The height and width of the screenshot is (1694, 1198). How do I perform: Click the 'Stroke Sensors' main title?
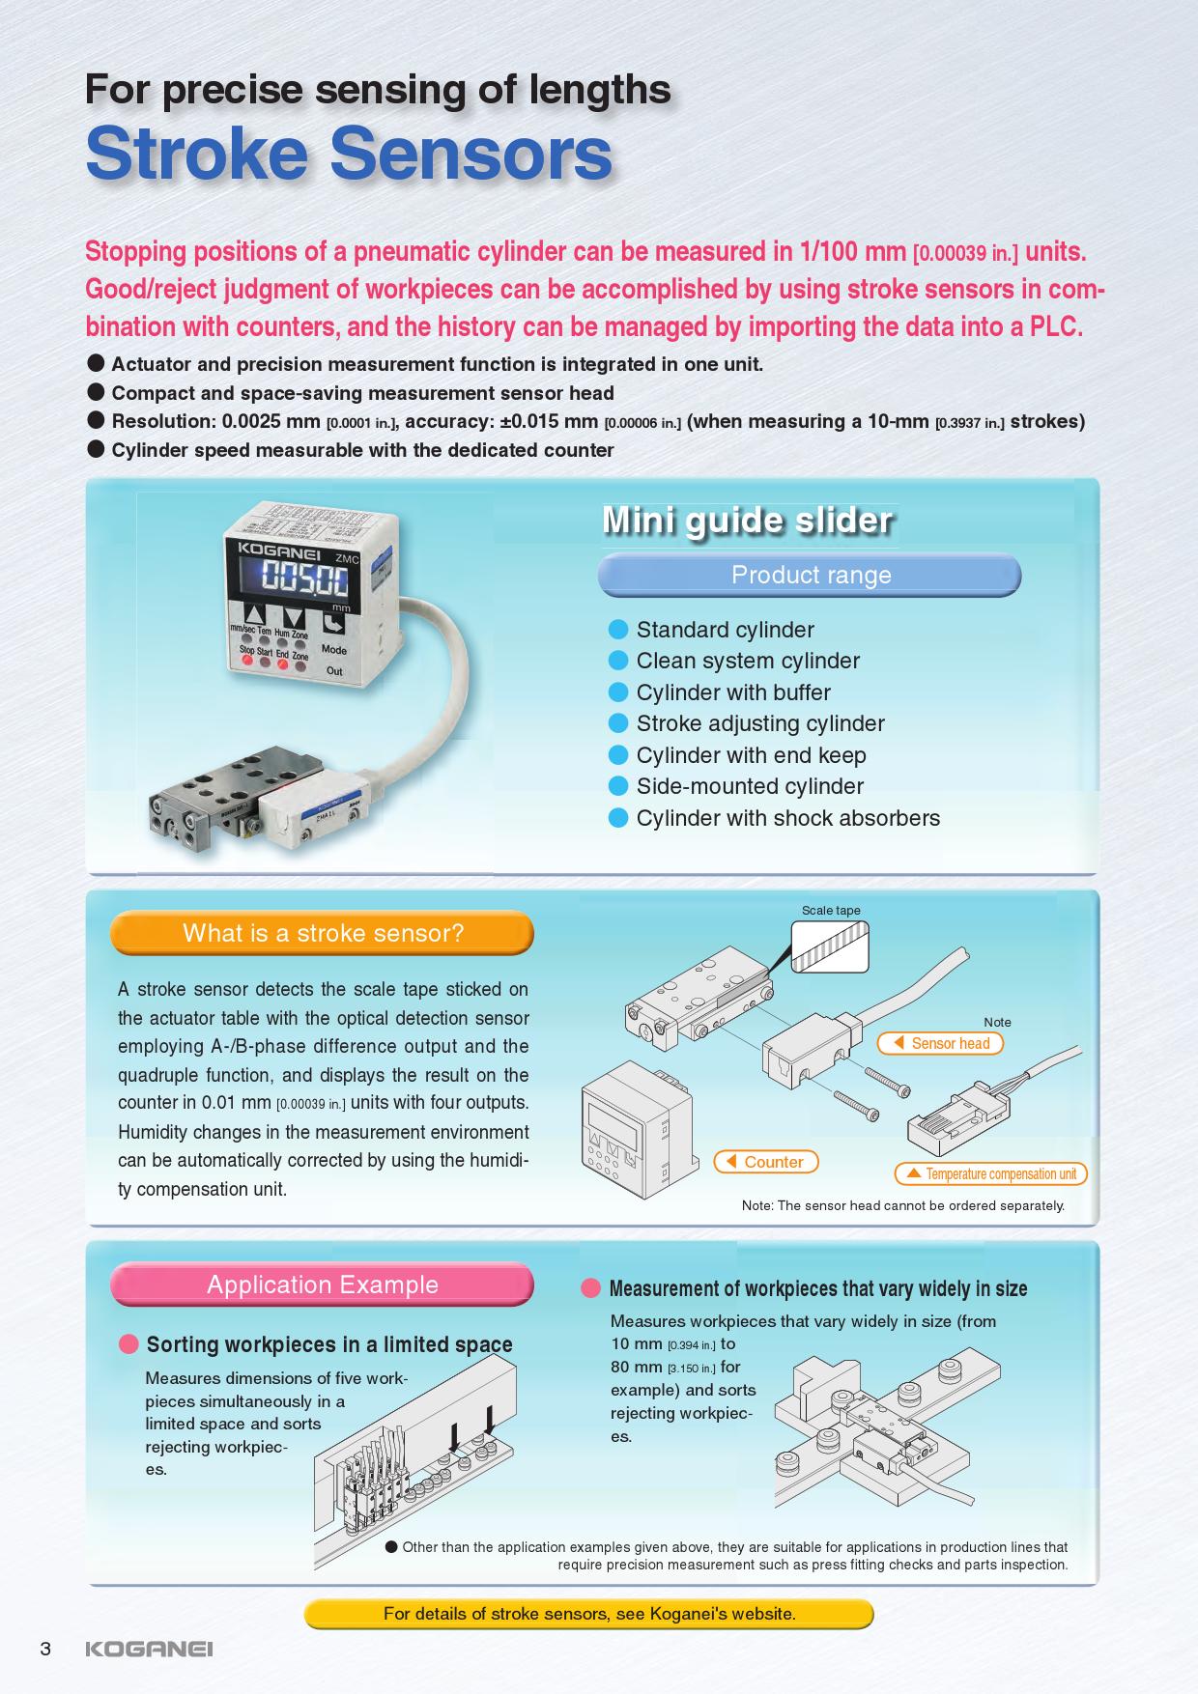[349, 155]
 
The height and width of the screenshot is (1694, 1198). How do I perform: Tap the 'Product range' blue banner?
[810, 576]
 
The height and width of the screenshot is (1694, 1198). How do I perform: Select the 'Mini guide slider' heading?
[747, 521]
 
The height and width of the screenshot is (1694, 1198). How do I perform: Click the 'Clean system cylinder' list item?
[747, 662]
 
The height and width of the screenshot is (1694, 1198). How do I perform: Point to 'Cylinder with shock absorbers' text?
[787, 818]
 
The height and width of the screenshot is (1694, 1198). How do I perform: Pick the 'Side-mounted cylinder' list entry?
[749, 786]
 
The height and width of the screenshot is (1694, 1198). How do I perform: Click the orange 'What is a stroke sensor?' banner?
[323, 933]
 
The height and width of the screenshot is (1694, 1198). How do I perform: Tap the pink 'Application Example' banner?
[323, 1285]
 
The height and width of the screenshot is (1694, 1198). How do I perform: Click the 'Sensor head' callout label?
[941, 1043]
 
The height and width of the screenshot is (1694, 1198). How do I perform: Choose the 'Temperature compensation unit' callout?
[991, 1174]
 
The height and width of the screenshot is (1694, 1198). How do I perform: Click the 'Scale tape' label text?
[831, 911]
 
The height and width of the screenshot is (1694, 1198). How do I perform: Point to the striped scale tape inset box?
[830, 946]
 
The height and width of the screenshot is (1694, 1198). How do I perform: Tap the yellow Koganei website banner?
[589, 1614]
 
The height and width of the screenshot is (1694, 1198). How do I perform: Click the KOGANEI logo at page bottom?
[149, 1649]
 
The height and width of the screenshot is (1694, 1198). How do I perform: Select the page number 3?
[45, 1649]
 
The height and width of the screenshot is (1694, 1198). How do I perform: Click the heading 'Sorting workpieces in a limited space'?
[328, 1344]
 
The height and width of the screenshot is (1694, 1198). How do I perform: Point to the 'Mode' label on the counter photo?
[333, 650]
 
